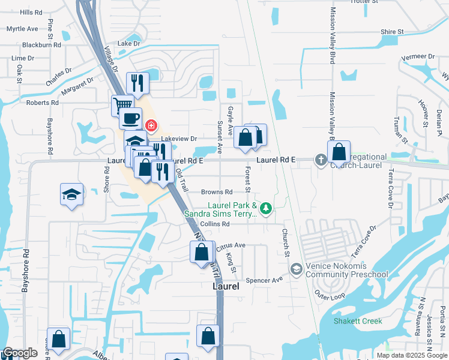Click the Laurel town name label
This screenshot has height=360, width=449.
coord(226,287)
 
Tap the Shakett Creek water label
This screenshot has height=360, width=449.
coord(358,321)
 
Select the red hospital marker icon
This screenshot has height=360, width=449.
coord(151,125)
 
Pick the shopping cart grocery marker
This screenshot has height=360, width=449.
coord(122,105)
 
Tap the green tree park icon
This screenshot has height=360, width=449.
coord(266,208)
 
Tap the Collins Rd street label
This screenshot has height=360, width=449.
coord(215,224)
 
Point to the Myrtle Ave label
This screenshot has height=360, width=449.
coord(22,29)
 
